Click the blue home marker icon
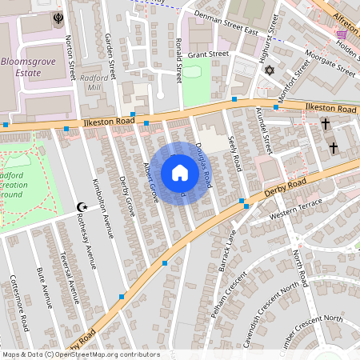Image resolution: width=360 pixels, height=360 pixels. [180, 173]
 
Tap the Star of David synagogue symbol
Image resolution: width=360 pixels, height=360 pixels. [269, 71]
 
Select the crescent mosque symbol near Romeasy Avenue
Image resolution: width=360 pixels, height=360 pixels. [80, 206]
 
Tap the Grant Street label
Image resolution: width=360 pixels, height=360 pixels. [208, 54]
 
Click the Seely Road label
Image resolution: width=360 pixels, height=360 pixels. [235, 152]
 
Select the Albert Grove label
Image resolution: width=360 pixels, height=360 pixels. [150, 182]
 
